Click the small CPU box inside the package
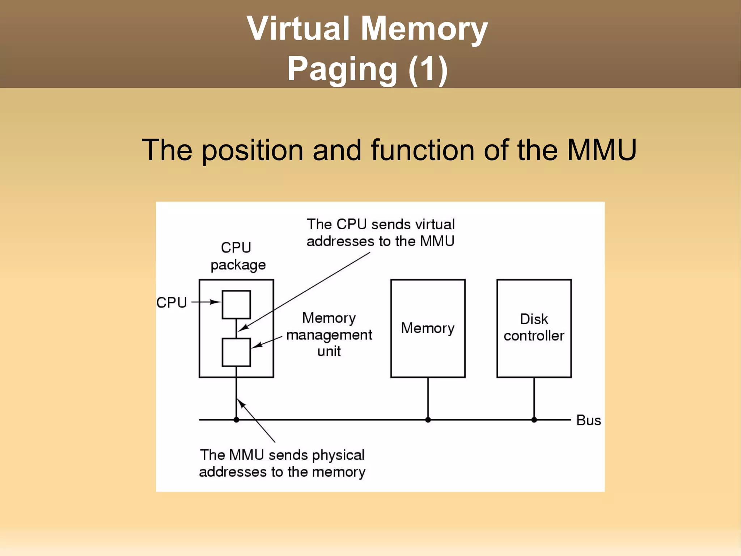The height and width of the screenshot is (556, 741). click(236, 305)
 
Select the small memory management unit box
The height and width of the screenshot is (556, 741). click(236, 352)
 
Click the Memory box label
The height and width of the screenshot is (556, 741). click(428, 328)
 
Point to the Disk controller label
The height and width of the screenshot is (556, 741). click(534, 327)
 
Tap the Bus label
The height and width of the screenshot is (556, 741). click(588, 421)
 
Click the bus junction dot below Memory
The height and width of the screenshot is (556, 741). click(428, 420)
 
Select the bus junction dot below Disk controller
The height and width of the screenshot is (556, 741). click(534, 420)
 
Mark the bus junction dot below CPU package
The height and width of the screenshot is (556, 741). click(236, 420)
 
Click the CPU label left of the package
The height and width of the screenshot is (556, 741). click(172, 302)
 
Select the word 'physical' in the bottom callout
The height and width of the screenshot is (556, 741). click(338, 455)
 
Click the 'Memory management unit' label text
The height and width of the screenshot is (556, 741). click(329, 335)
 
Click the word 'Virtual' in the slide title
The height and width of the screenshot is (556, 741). click(298, 29)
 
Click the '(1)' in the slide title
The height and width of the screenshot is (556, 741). click(428, 69)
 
